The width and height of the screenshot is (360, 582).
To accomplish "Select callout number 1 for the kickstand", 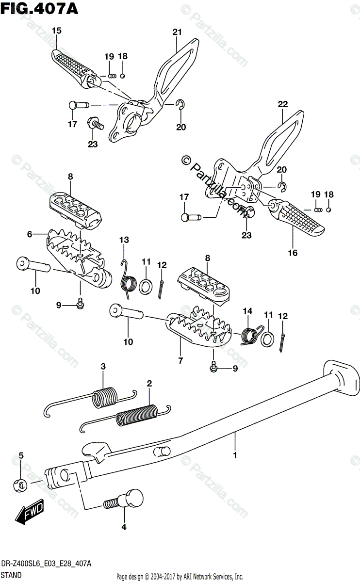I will (235, 455).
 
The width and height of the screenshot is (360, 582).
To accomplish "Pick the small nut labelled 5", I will (20, 484).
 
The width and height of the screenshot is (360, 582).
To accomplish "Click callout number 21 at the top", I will (176, 32).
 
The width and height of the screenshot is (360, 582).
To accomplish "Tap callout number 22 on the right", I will (282, 103).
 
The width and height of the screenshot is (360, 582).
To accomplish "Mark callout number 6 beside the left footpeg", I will (30, 234).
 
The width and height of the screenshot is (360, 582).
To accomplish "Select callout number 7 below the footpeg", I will (180, 360).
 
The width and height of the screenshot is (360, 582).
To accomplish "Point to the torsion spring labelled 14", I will (250, 335).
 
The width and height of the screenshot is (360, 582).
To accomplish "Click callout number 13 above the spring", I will (124, 240).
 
